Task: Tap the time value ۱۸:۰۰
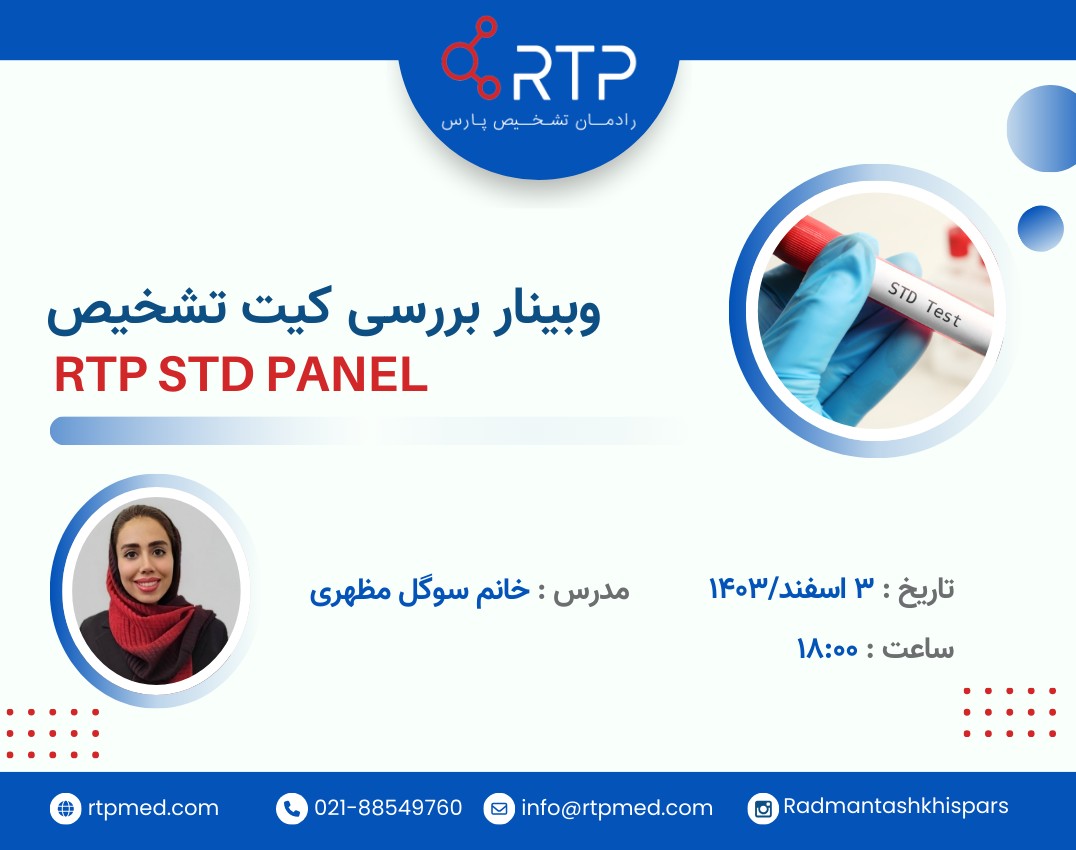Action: [x=827, y=649]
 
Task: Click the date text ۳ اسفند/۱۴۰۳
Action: [x=791, y=588]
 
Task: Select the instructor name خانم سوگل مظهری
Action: [x=419, y=589]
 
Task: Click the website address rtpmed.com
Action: [x=152, y=808]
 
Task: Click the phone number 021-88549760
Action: [x=388, y=808]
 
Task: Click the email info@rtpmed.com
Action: [x=617, y=808]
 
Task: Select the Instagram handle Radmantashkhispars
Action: [x=896, y=806]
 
